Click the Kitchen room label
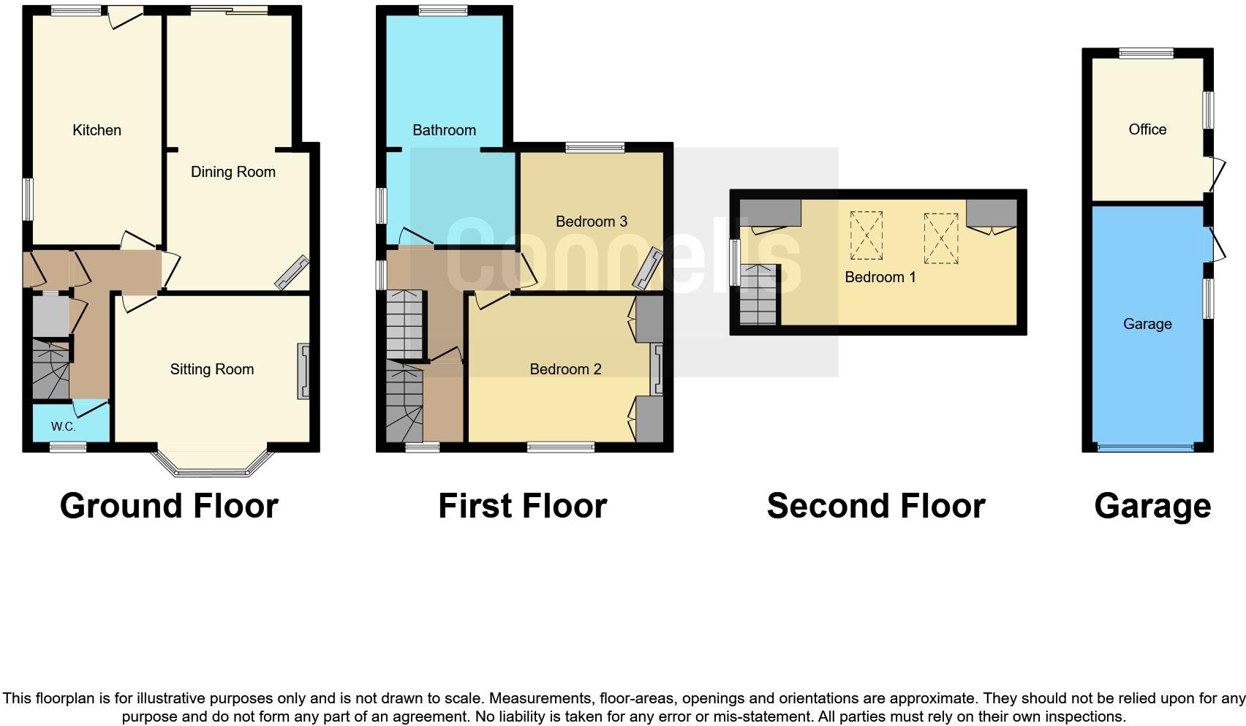[x=97, y=130]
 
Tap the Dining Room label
[x=233, y=172]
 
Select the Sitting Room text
[x=212, y=369]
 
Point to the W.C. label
[x=63, y=427]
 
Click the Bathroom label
[x=445, y=130]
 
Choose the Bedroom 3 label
[x=592, y=222]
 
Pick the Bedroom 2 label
[x=566, y=369]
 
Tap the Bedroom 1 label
[x=880, y=277]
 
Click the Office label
[x=1147, y=129]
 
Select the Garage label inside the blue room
[x=1147, y=324]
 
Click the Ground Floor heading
[x=169, y=506]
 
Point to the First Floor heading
[x=523, y=506]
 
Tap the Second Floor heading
[x=876, y=506]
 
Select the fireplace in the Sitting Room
[x=303, y=371]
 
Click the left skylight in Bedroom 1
[x=866, y=235]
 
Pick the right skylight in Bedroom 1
[x=941, y=238]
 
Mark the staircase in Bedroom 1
[x=758, y=295]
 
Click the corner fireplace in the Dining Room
[x=292, y=273]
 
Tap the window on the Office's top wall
[x=1147, y=53]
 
